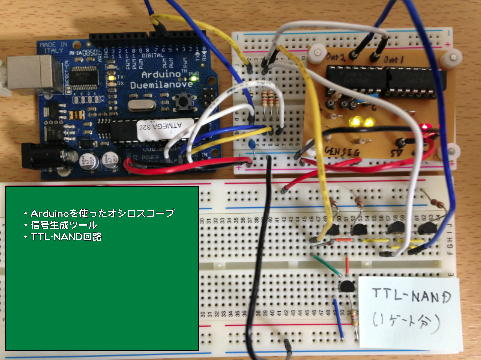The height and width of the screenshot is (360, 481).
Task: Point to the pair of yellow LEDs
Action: [x=362, y=123]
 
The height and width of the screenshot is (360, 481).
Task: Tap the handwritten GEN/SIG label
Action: [x=345, y=151]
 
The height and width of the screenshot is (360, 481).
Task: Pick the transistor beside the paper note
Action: [x=344, y=287]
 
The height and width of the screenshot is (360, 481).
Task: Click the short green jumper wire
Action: [x=324, y=266]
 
